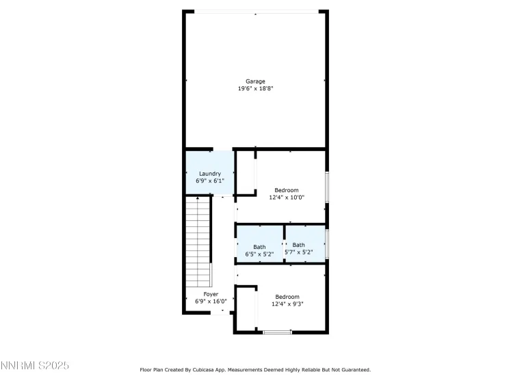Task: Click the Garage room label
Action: click(x=256, y=81)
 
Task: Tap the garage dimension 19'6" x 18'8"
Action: click(x=256, y=89)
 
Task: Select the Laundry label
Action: click(x=209, y=174)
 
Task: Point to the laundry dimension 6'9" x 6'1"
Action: click(x=209, y=181)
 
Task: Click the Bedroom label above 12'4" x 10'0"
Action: click(x=286, y=190)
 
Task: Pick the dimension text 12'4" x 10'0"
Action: click(x=286, y=198)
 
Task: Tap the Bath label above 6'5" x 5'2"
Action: click(x=259, y=247)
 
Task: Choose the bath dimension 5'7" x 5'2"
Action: click(x=299, y=252)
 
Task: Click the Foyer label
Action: click(x=211, y=294)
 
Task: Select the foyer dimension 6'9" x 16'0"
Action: click(x=211, y=302)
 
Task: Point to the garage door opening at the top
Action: click(x=256, y=12)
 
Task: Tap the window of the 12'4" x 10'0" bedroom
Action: click(x=327, y=187)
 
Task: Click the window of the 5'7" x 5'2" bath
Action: click(x=327, y=242)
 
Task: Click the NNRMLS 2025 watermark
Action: click(x=35, y=367)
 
